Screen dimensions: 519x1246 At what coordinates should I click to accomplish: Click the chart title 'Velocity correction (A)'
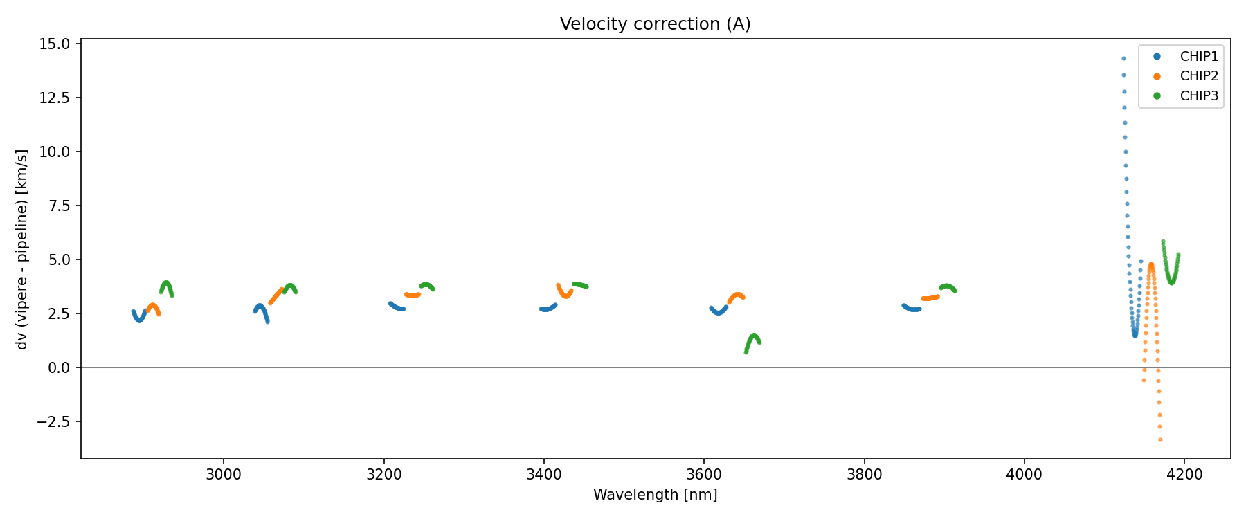coord(655,24)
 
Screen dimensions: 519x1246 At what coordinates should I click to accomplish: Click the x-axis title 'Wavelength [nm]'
coord(655,495)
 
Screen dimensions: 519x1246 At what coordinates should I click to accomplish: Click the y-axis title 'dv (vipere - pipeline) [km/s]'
coord(22,249)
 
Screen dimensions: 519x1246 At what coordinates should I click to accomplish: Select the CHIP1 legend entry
coord(1198,57)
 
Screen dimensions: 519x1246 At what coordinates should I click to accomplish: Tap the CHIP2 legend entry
coord(1198,76)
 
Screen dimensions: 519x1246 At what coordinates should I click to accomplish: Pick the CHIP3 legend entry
coord(1198,96)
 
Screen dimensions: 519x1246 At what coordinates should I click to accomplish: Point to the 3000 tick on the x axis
coord(224,475)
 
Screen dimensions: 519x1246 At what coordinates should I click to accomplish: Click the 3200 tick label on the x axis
coord(383,475)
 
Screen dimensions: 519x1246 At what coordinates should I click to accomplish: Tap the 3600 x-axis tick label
coord(704,475)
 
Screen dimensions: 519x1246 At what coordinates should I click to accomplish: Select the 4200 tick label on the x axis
coord(1184,475)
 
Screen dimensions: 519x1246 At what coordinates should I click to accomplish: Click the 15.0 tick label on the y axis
coord(55,44)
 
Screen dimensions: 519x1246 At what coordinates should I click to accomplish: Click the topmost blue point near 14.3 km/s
coord(1123,59)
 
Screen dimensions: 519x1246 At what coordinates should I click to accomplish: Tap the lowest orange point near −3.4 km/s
coord(1160,440)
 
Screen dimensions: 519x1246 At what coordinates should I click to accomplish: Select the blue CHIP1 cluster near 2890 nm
coord(139,317)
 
